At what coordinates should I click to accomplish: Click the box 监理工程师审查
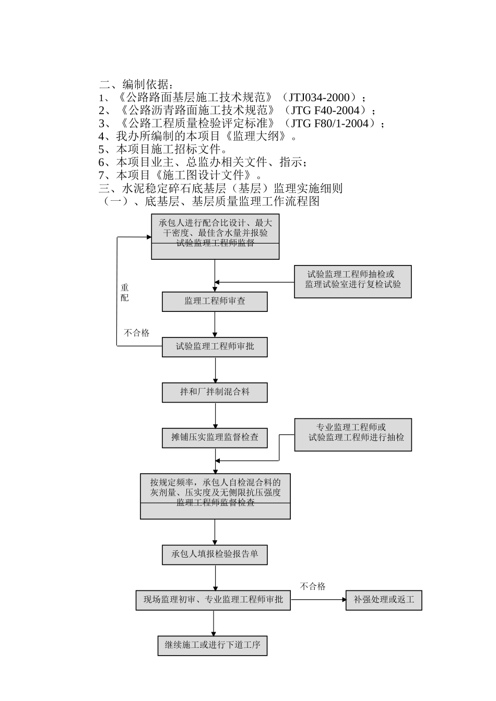(x=215, y=301)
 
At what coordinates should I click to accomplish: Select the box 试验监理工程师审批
(x=215, y=347)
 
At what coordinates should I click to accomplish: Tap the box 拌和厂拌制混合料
(x=215, y=392)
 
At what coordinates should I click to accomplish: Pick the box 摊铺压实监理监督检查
(x=215, y=438)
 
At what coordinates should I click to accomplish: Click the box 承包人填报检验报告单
(x=215, y=554)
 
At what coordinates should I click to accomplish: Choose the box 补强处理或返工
(x=384, y=600)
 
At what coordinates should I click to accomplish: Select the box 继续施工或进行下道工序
(x=212, y=645)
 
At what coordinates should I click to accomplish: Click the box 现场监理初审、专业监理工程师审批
(x=213, y=600)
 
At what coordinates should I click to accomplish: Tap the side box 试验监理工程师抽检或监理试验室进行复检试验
(x=353, y=282)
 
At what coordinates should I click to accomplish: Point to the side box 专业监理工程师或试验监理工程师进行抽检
(x=353, y=434)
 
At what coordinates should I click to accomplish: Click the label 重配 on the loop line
(x=125, y=293)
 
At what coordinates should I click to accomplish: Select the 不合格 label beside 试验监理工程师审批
(x=136, y=333)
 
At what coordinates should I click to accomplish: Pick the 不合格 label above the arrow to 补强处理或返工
(x=313, y=587)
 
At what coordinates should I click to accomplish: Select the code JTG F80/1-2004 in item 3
(x=333, y=124)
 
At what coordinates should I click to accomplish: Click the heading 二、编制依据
(x=134, y=84)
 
